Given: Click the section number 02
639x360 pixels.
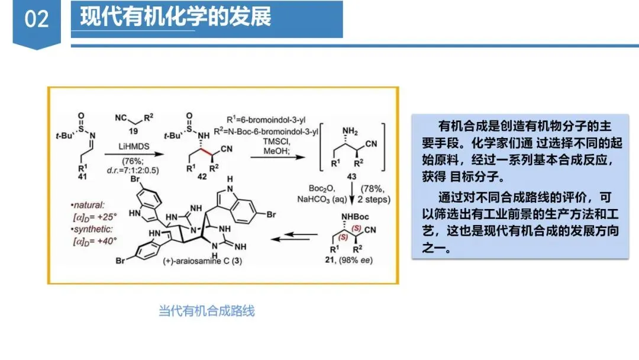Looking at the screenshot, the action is [x=37, y=20].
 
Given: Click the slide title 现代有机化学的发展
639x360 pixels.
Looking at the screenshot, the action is [x=176, y=17].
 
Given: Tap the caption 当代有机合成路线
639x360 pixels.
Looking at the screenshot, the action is [x=206, y=310].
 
